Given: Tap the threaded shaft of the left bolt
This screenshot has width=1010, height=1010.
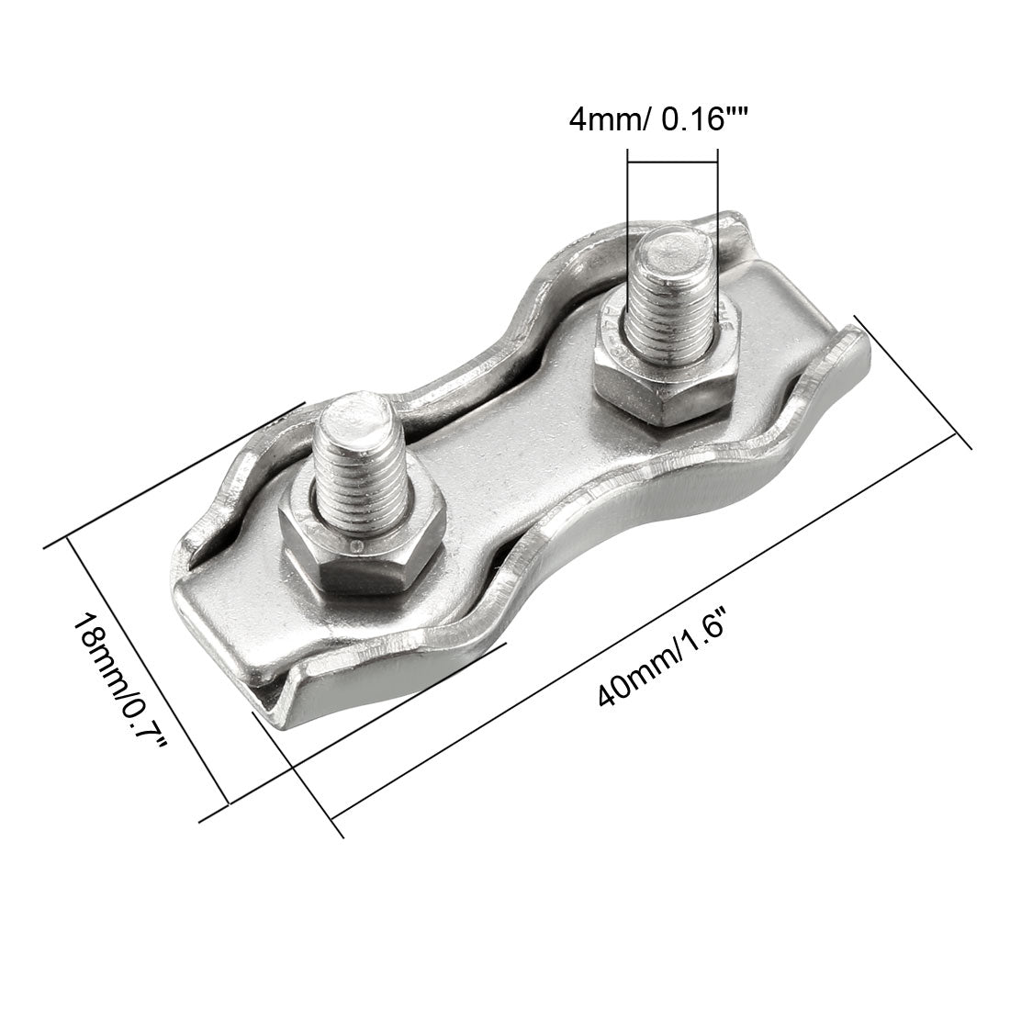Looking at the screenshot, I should (x=360, y=477).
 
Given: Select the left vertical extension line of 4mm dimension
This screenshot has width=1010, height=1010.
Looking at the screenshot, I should (x=628, y=211).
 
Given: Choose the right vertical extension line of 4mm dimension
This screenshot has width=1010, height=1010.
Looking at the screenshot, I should (x=716, y=211).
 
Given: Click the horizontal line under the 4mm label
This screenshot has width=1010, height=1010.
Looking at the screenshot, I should (x=671, y=163).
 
